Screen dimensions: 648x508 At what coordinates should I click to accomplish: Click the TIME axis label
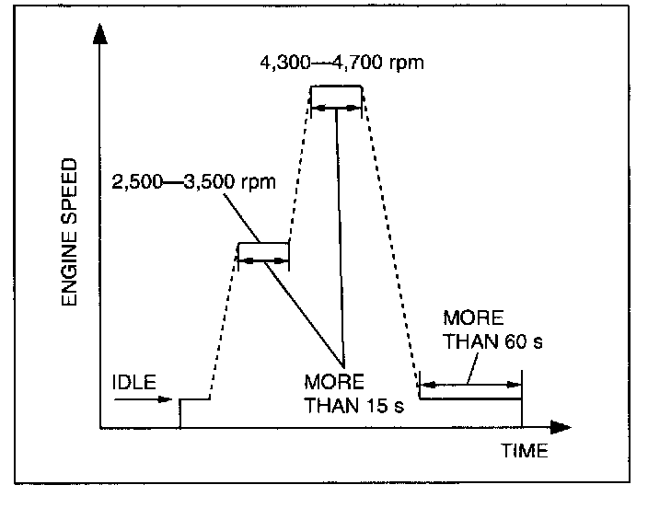[524, 451]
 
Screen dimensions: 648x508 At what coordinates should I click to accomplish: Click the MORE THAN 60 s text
[492, 330]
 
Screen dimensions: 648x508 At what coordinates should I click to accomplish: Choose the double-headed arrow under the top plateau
[336, 109]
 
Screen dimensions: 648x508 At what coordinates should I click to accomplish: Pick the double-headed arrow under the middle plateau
[263, 261]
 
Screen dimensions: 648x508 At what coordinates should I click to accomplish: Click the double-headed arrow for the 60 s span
[470, 383]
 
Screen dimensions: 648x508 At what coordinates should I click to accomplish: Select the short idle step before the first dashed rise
[194, 400]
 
